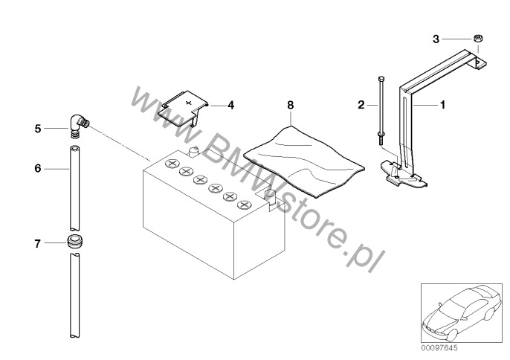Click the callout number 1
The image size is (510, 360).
pos(442,105)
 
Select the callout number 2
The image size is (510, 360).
pos(361,105)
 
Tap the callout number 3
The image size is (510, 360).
pos(436,39)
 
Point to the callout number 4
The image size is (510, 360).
pos(230,105)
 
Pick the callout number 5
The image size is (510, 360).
pos(38,129)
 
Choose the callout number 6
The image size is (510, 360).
pos(38,168)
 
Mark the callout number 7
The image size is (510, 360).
pos(38,243)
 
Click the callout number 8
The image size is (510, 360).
pos(291,105)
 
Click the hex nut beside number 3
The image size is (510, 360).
pos(477,38)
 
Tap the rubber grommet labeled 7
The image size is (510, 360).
pos(76,241)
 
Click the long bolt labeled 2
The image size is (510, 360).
pos(381,111)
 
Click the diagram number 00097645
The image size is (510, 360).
pos(439,348)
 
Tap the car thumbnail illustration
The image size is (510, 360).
pos(462,313)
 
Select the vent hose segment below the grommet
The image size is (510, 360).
pos(75,295)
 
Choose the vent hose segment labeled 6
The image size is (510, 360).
pos(74,188)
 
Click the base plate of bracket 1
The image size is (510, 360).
pos(403,175)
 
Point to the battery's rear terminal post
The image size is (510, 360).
pos(193,152)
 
